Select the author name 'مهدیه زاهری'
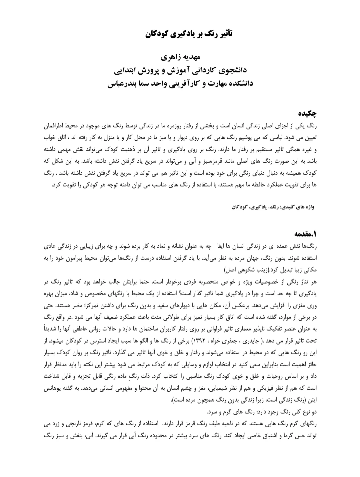coord(180,57)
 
